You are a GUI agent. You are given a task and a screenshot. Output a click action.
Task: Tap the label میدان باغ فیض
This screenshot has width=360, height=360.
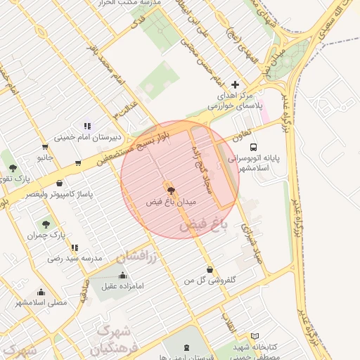click(171, 202)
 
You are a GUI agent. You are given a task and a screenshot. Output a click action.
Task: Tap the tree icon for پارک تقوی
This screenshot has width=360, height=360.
click(13, 167)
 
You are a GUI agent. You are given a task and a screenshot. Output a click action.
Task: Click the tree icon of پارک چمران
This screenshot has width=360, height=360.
click(46, 224)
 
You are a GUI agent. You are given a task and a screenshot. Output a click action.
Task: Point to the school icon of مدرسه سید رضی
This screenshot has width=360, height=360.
click(75, 247)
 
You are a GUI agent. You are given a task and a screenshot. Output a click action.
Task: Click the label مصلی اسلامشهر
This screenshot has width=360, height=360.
click(41, 302)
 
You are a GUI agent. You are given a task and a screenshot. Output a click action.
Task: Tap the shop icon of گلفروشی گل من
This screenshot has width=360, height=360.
click(210, 269)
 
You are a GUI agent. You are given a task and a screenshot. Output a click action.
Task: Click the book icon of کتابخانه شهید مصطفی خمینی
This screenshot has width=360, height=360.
click(255, 336)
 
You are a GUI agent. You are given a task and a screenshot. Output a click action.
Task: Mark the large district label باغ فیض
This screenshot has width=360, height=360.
click(204, 225)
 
